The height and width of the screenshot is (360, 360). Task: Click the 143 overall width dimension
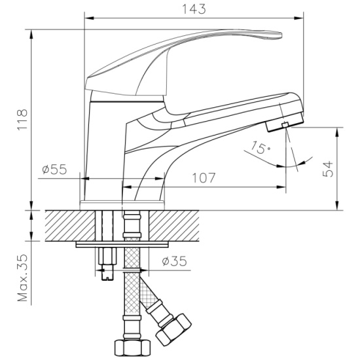(x=194, y=9)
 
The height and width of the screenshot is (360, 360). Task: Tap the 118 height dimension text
(x=22, y=120)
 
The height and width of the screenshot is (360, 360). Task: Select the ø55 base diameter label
(x=54, y=170)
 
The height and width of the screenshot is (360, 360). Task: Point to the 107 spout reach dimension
(x=204, y=178)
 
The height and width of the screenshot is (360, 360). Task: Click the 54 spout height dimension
(x=328, y=169)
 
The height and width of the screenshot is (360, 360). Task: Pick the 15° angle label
(x=260, y=147)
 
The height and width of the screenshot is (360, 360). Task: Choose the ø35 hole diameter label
(x=175, y=261)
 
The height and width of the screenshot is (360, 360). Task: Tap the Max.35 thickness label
(x=22, y=278)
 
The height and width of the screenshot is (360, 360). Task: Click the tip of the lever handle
(x=281, y=35)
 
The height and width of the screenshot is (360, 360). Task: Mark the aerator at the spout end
(x=285, y=122)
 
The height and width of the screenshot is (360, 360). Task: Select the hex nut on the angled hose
(x=173, y=327)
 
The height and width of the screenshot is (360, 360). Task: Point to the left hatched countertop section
(x=70, y=226)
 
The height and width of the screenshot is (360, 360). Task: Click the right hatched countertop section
(x=174, y=226)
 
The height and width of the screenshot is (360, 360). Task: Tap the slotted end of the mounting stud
(x=107, y=276)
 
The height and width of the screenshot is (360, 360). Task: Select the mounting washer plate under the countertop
(x=122, y=244)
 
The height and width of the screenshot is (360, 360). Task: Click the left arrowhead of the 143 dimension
(x=89, y=18)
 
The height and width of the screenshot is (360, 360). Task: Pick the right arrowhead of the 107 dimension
(x=281, y=187)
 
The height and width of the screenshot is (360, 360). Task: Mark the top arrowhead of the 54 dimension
(x=337, y=132)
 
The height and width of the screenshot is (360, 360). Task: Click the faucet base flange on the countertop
(x=122, y=205)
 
